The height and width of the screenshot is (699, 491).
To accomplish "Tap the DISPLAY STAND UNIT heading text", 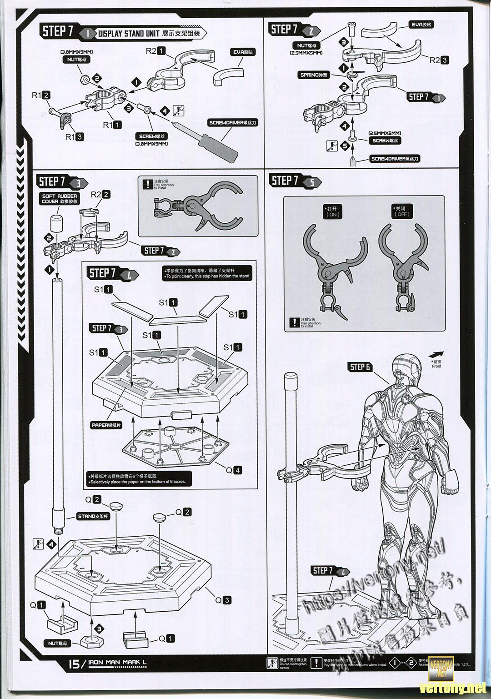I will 129,34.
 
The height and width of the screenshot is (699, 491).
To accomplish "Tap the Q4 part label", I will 233,470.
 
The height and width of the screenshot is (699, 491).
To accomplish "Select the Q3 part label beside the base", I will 223,600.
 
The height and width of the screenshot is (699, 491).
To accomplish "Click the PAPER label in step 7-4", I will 106,425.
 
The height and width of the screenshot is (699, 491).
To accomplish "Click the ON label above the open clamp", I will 333,211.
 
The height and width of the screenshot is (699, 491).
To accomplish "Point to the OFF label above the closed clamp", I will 402,211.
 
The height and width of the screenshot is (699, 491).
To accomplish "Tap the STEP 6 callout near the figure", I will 361,367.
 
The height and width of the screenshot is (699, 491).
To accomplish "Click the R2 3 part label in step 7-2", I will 440,60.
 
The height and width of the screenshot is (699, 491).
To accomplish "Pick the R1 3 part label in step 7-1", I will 74,136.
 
